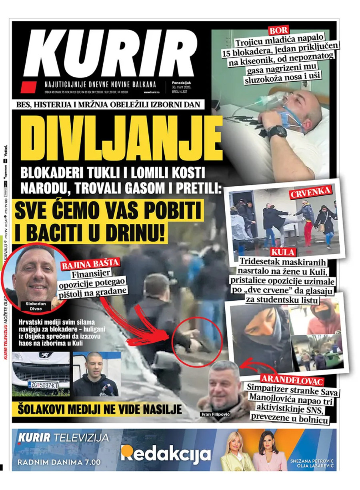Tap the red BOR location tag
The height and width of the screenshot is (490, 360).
tap(279, 30)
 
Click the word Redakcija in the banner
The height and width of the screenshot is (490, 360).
tap(166, 454)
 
